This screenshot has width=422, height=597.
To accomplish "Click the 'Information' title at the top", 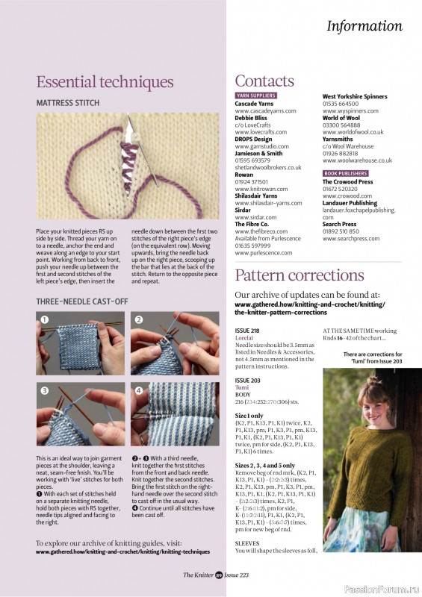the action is [364, 26].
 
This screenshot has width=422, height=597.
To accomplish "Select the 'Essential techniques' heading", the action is [105, 81].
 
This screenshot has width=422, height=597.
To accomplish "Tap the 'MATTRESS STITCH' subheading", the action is [68, 103].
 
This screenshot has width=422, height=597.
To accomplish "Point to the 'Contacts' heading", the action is [264, 81].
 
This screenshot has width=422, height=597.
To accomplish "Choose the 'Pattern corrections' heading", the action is [300, 275].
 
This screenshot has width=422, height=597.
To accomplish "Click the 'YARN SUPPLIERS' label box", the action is [256, 96].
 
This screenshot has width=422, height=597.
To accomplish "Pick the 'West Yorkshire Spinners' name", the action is [355, 96].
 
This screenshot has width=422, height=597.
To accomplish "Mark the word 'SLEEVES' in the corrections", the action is [247, 564].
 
